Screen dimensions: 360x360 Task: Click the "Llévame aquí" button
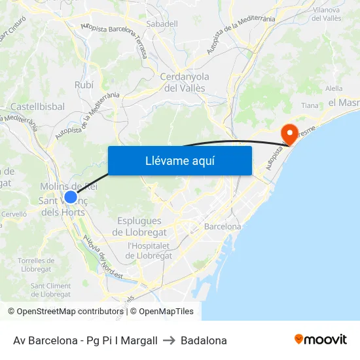179,161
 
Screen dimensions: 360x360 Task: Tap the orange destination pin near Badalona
289,134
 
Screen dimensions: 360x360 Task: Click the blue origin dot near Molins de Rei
71,196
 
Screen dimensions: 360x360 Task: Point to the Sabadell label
162,24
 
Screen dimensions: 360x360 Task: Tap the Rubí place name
84,85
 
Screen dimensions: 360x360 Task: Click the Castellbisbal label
37,106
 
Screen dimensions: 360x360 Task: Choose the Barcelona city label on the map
223,226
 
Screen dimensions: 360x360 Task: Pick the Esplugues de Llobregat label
140,226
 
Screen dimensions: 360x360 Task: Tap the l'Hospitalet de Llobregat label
149,251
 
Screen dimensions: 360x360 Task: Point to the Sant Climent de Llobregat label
50,290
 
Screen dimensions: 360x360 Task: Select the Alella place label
333,88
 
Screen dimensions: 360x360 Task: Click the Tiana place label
310,105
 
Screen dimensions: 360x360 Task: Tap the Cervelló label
14,214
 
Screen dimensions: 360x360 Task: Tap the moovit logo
320,340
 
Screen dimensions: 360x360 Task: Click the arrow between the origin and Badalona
169,340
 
